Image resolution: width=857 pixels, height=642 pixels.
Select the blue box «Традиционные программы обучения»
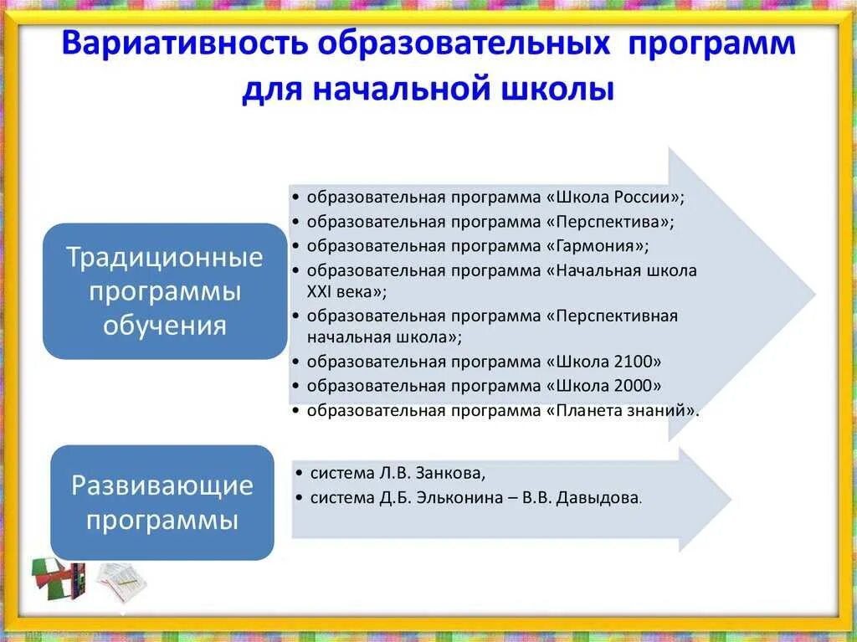click(x=165, y=291)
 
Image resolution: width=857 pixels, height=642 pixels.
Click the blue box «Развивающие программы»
click(x=162, y=502)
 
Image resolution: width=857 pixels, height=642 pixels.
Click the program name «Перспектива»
click(x=609, y=222)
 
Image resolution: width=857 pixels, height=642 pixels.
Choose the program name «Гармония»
click(x=597, y=246)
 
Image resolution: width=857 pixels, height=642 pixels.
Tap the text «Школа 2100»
click(x=603, y=362)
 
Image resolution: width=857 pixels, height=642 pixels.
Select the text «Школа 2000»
click(x=603, y=386)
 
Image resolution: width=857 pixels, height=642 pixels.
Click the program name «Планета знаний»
click(x=621, y=410)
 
